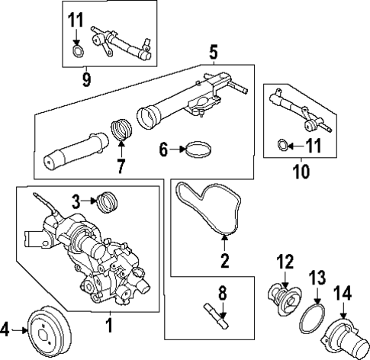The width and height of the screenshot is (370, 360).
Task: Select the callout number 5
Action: click(213, 54)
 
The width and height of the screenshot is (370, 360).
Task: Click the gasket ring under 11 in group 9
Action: click(78, 52)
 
